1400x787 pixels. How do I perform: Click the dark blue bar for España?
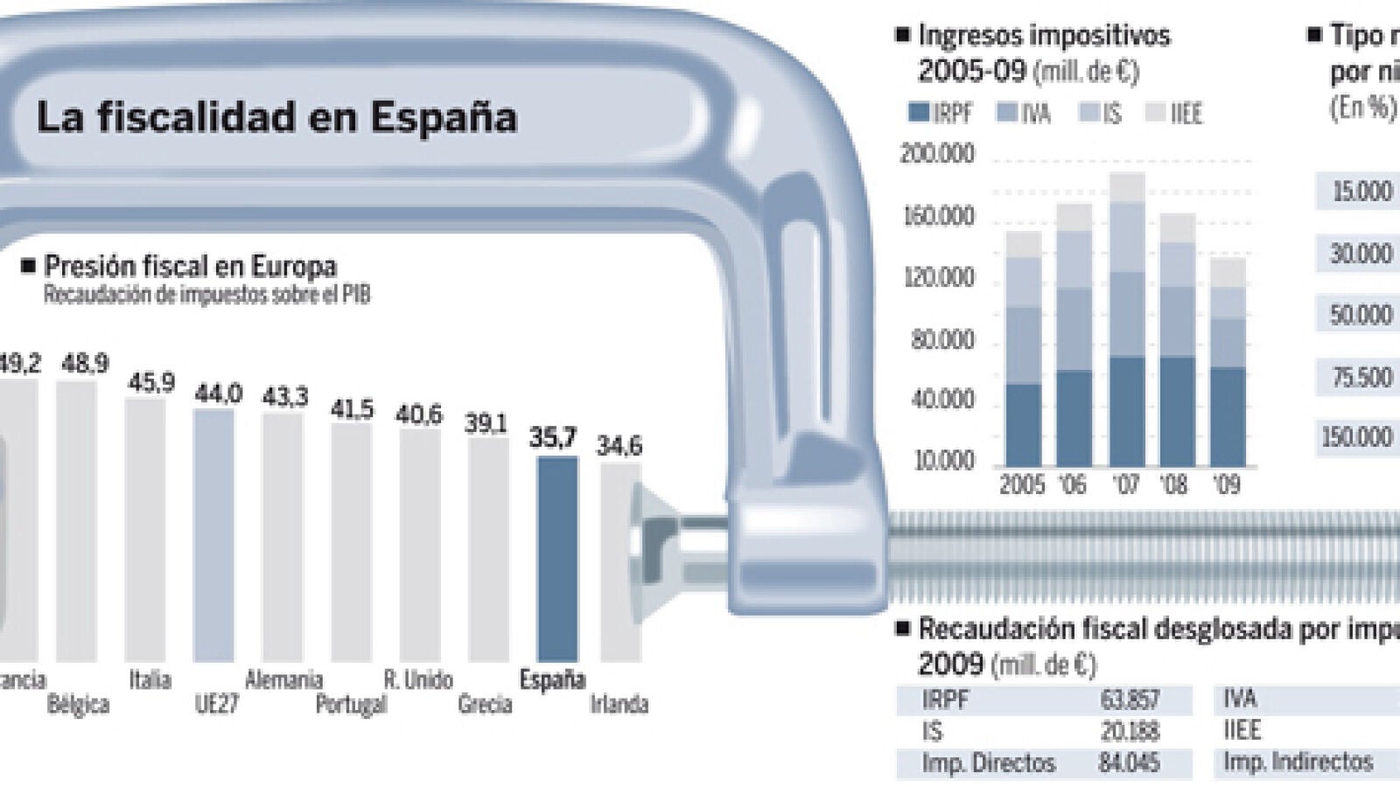click(557, 560)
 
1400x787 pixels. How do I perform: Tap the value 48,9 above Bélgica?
click(85, 364)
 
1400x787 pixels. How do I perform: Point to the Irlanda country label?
click(619, 704)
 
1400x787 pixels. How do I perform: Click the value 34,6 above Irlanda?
click(619, 446)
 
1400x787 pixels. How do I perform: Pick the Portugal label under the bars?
click(351, 704)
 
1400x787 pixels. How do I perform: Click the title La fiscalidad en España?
click(276, 117)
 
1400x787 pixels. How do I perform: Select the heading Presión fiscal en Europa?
click(189, 266)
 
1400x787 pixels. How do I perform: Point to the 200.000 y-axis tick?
click(937, 155)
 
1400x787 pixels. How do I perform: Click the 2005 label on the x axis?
click(1022, 484)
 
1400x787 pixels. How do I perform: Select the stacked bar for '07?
click(1127, 320)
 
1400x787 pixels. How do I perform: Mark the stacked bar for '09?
click(1228, 362)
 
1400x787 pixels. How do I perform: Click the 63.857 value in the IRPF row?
click(1130, 700)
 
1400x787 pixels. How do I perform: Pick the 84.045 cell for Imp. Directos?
click(1129, 763)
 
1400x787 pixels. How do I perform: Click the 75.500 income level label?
click(1361, 377)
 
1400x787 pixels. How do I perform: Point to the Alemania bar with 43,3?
click(283, 537)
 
